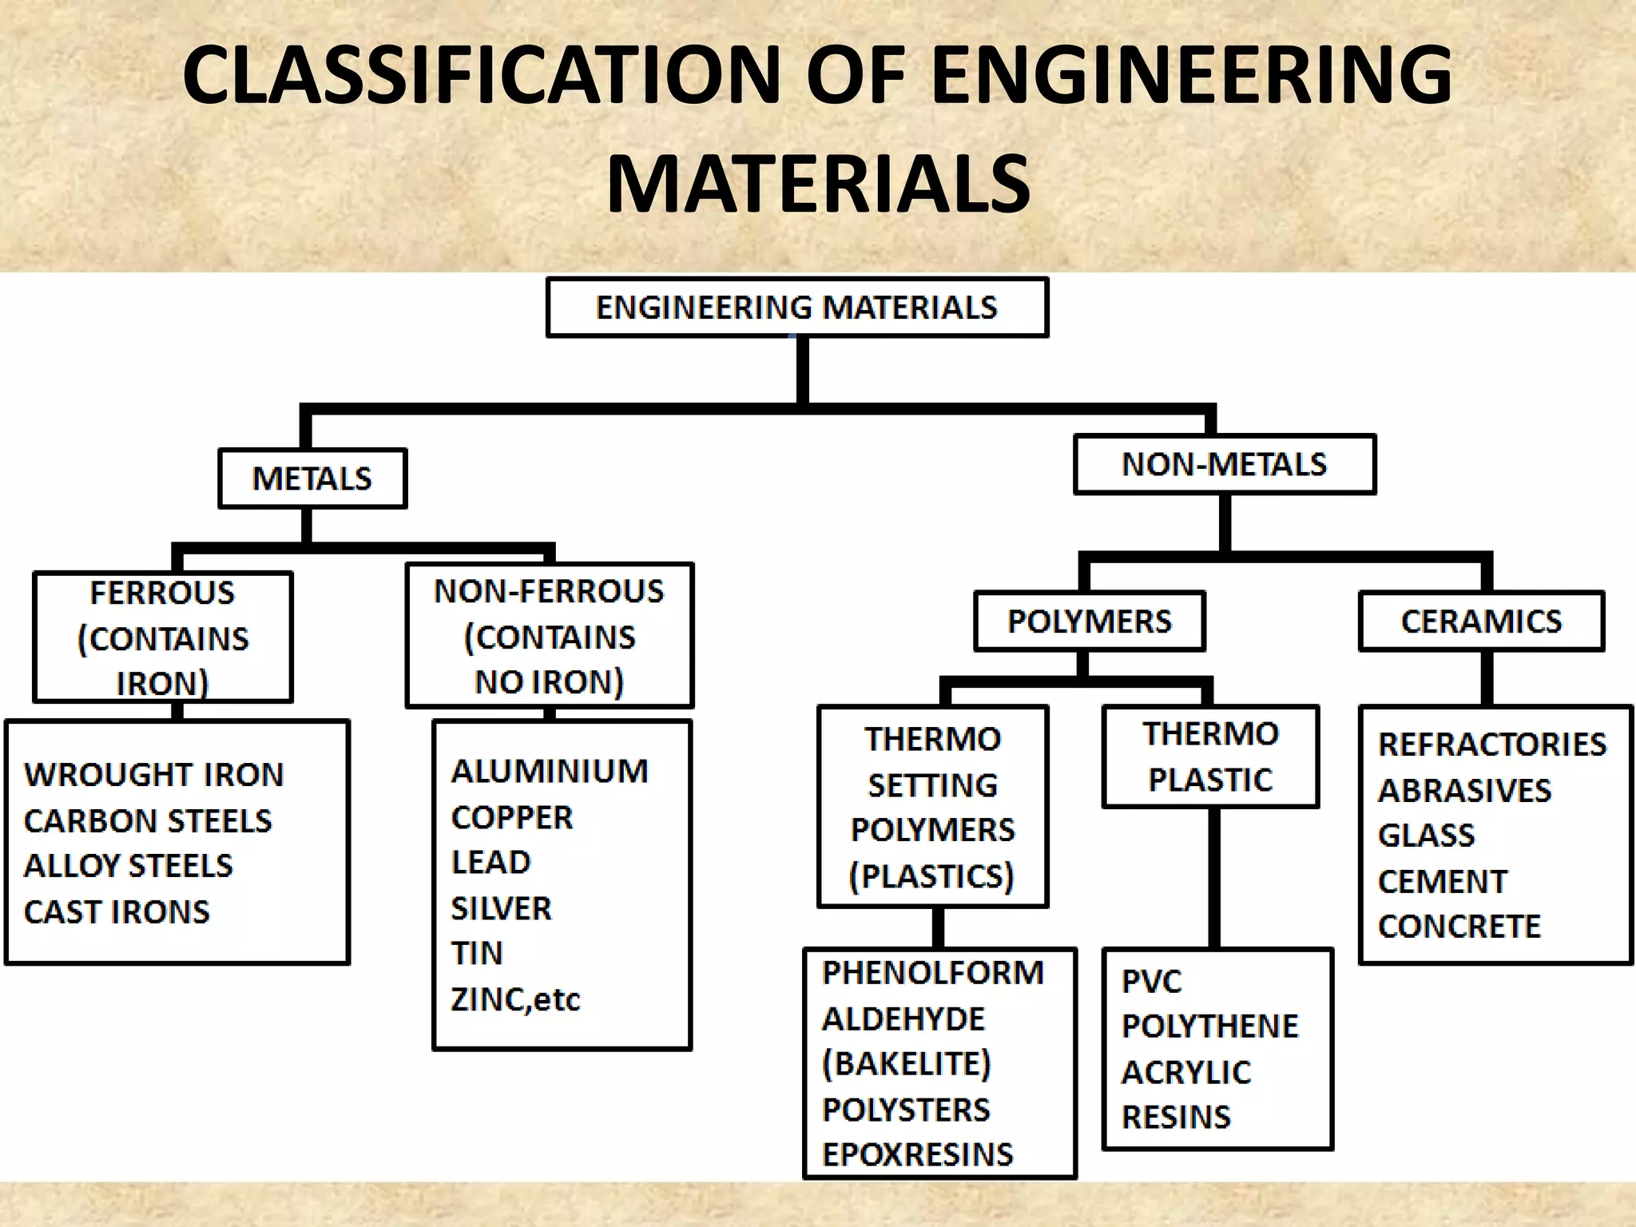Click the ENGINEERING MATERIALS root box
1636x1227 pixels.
coord(796,308)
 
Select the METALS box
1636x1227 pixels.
coord(312,478)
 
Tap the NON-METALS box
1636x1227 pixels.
coord(1224,464)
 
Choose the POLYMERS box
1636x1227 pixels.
coord(1089,621)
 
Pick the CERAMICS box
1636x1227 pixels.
coord(1481,621)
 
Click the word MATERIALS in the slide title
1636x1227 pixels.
coord(818,185)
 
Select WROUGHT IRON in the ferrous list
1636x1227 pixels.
coord(153,775)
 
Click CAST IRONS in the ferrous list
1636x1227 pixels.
coord(117,912)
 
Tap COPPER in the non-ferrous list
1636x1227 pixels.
coord(512,818)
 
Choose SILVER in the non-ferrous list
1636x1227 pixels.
coord(501,909)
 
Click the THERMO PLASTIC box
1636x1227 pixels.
coord(1210,756)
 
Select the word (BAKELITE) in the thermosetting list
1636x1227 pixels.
coord(907,1064)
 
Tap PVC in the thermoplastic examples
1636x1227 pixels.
coord(1151,982)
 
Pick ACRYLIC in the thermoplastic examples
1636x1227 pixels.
coord(1186,1073)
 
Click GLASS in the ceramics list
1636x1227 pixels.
coord(1426,836)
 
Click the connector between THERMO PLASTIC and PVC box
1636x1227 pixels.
coord(1213,879)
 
